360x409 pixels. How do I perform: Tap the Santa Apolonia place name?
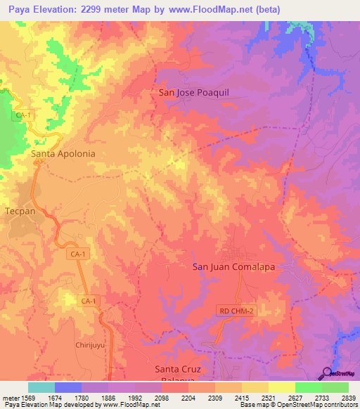63,152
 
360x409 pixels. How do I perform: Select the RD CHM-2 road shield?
234,310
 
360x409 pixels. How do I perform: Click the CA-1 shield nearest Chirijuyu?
88,301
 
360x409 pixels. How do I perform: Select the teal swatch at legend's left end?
41,387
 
